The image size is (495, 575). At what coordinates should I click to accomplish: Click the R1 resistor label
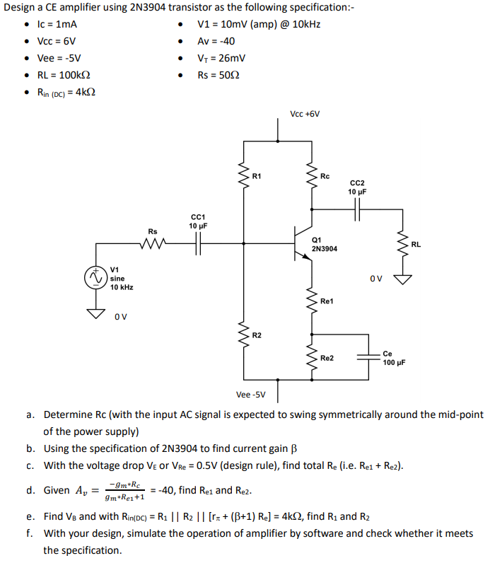[257, 175]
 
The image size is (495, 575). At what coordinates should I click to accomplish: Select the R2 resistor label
[257, 335]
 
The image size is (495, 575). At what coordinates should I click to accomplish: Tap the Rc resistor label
[325, 175]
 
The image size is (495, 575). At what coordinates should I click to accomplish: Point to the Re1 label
[327, 301]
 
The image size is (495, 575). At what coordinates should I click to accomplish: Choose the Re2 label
[327, 359]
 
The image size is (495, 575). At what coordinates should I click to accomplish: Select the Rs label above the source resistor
[153, 231]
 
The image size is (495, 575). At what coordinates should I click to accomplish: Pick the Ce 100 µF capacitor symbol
[368, 358]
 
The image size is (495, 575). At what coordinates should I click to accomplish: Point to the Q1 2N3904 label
[324, 245]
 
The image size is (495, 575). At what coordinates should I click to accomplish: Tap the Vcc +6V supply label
[305, 113]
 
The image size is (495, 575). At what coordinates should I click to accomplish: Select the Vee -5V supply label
[251, 395]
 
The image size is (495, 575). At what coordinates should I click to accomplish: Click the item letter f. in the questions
[31, 534]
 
